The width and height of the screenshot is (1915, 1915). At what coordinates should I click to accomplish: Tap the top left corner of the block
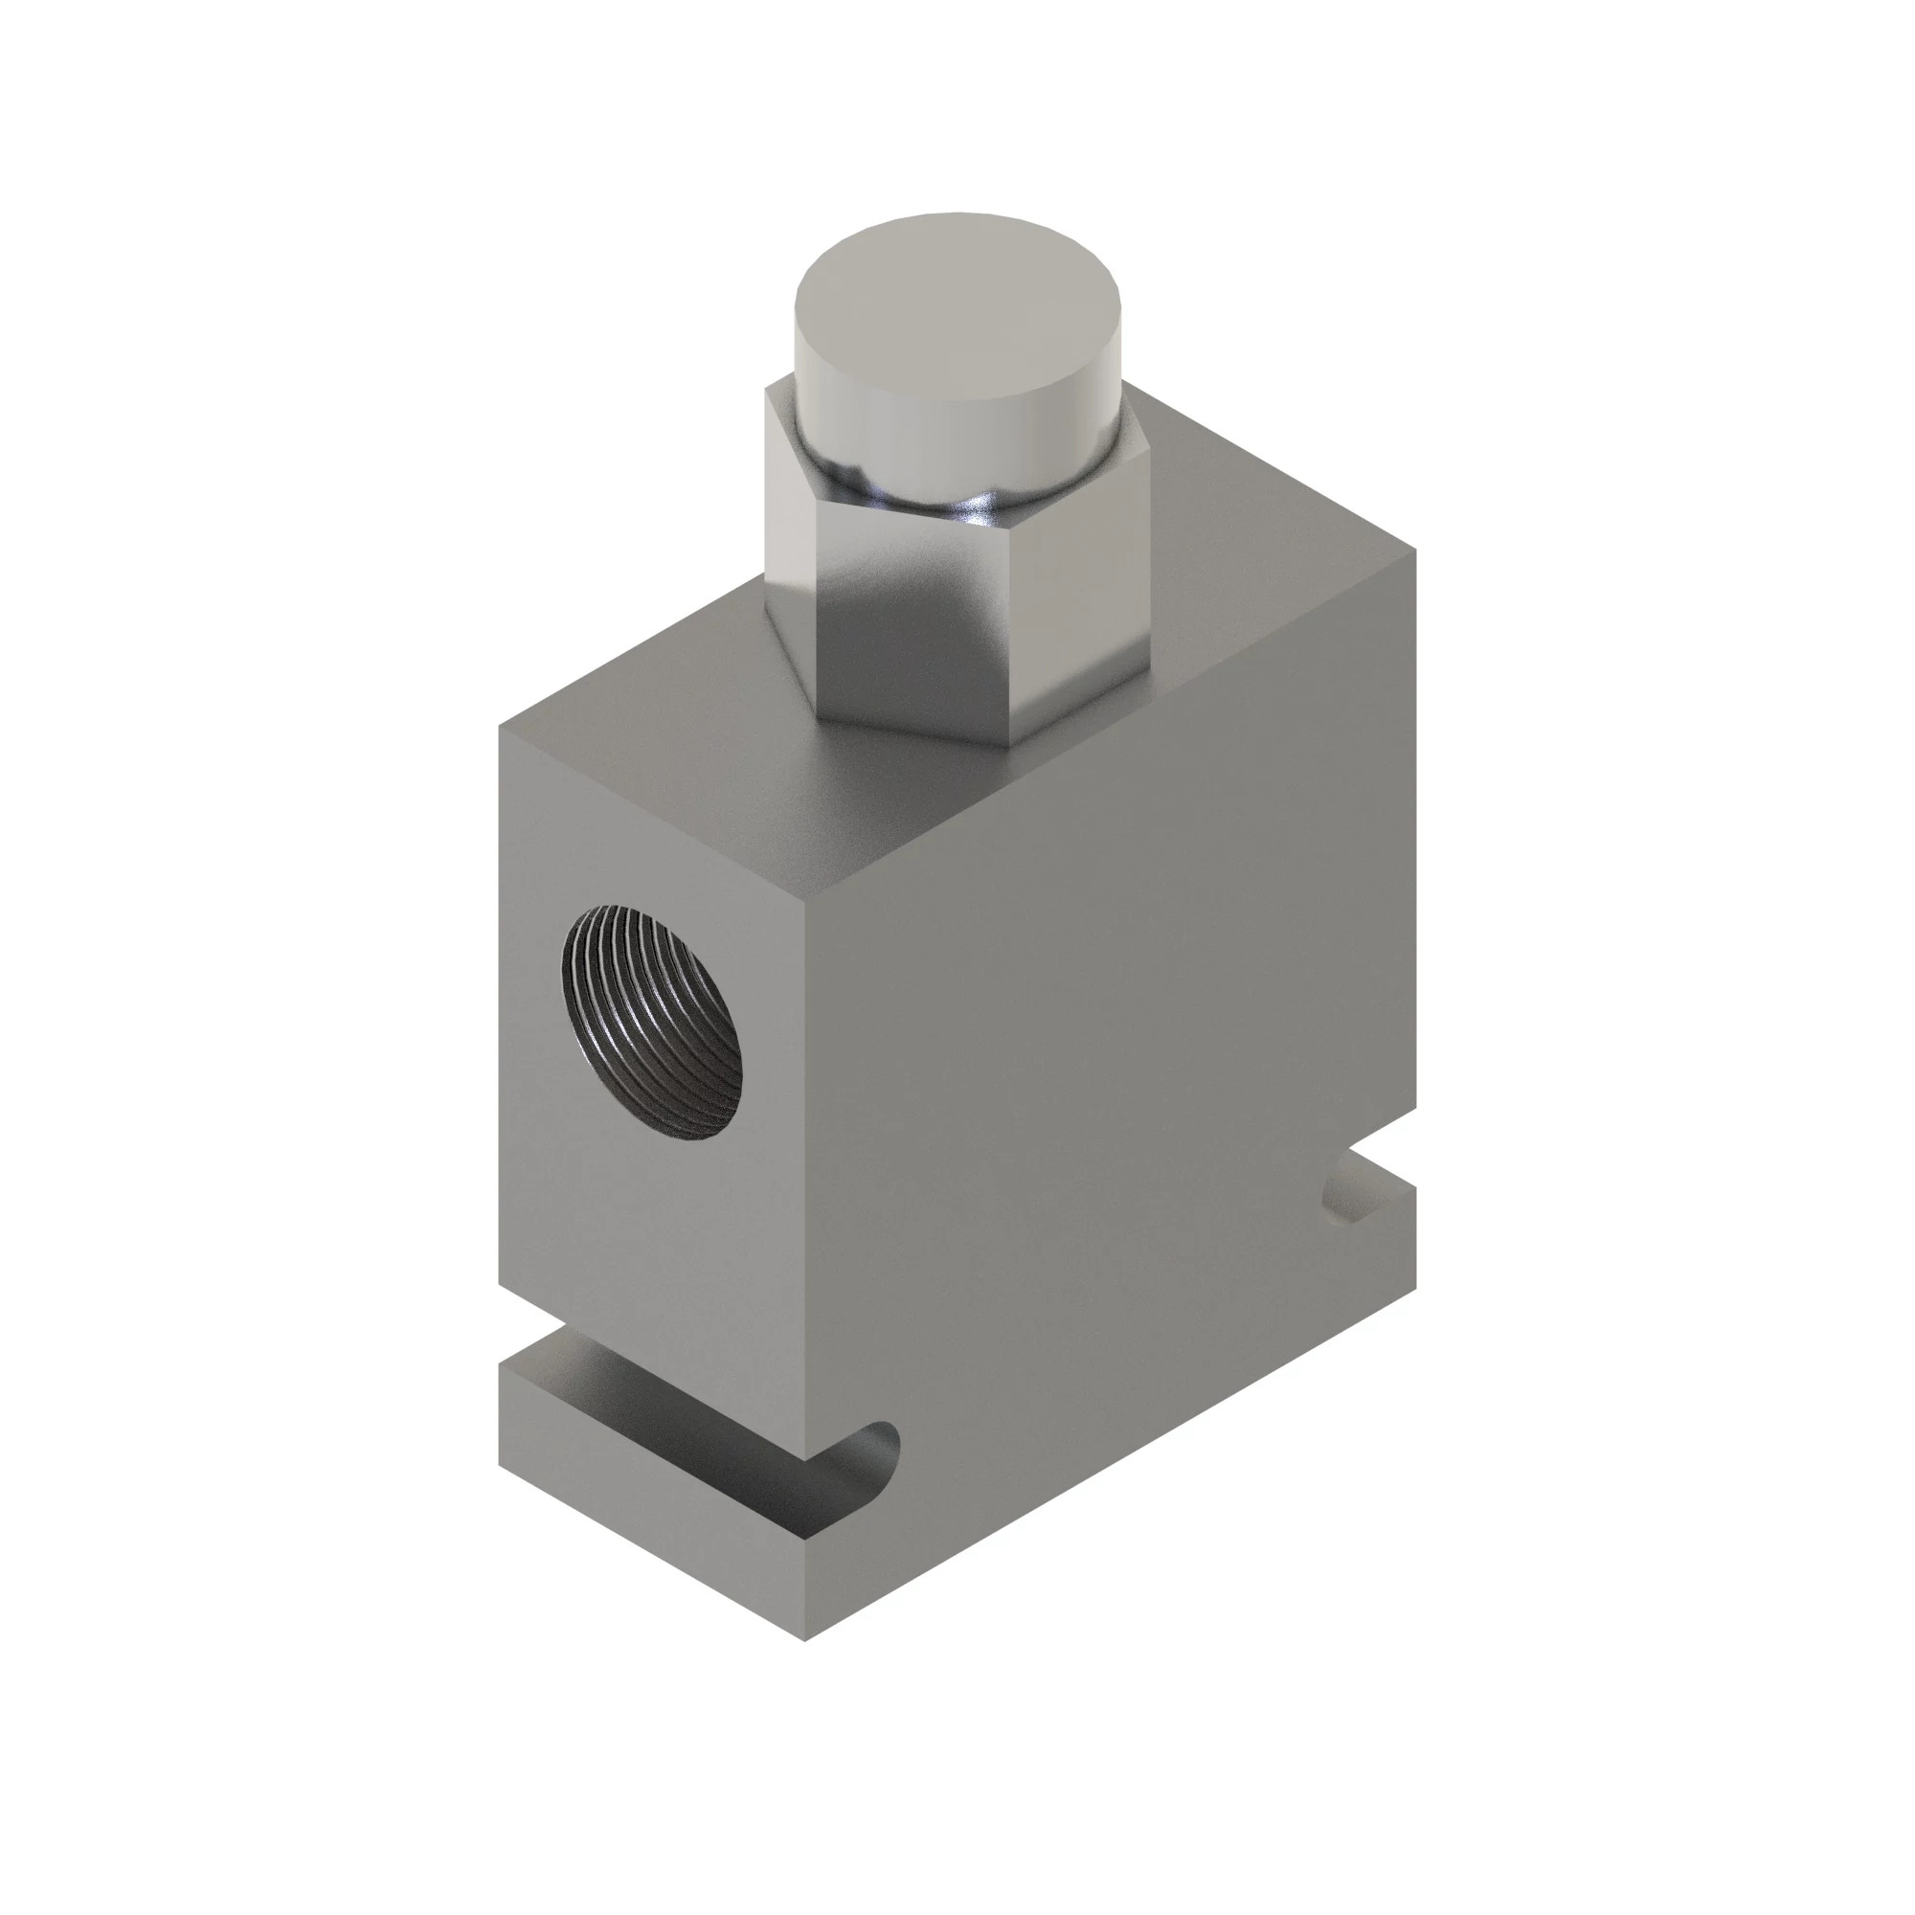(x=500, y=729)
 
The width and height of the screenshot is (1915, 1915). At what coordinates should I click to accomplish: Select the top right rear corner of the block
(x=1414, y=552)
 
